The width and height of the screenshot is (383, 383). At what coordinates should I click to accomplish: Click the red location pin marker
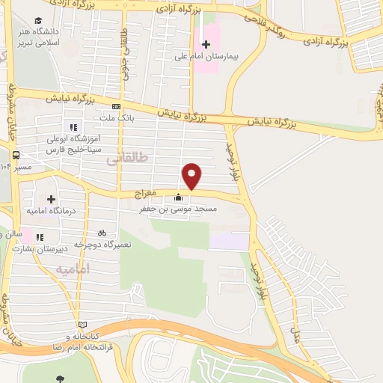(x=192, y=175)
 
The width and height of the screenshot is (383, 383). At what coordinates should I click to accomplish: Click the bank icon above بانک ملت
(x=116, y=106)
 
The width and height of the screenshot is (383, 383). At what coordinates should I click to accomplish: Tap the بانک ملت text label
(x=116, y=117)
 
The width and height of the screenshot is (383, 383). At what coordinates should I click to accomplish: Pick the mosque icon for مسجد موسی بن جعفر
(x=178, y=198)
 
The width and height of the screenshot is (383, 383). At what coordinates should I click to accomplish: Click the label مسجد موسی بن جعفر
(x=178, y=210)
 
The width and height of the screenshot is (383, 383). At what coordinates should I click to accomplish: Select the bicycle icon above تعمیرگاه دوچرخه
(x=101, y=233)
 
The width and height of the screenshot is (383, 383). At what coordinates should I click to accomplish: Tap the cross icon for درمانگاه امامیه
(x=51, y=199)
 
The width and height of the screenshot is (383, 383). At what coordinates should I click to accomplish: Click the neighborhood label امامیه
(x=73, y=268)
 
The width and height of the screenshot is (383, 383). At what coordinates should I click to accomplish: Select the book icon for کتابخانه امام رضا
(x=82, y=325)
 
